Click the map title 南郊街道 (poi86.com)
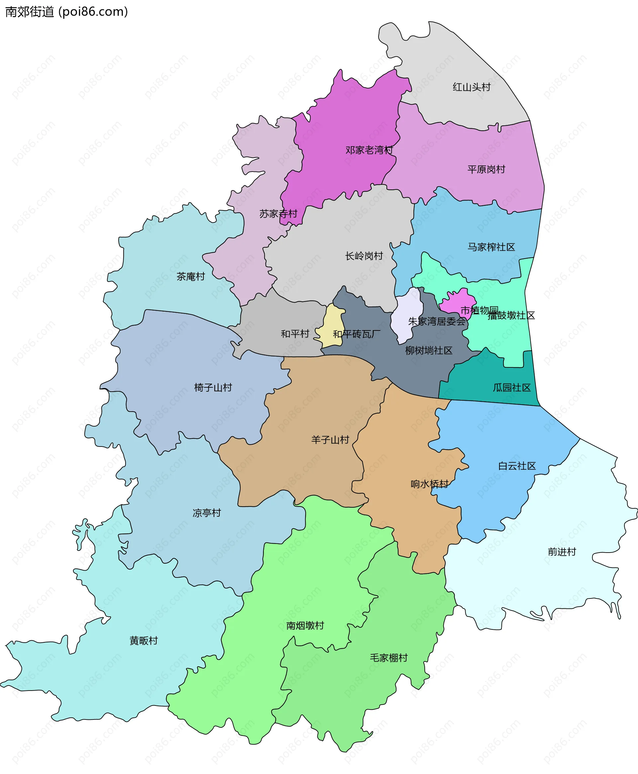66,12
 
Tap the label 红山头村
472,87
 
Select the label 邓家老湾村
369,150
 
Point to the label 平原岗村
486,170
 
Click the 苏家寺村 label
278,214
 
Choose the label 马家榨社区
491,247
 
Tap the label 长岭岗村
364,256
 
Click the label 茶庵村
190,277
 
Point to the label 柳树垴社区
429,350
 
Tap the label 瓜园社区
512,388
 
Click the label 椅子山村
213,387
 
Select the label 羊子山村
330,440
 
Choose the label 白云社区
517,466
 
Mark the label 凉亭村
207,513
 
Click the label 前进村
562,552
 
